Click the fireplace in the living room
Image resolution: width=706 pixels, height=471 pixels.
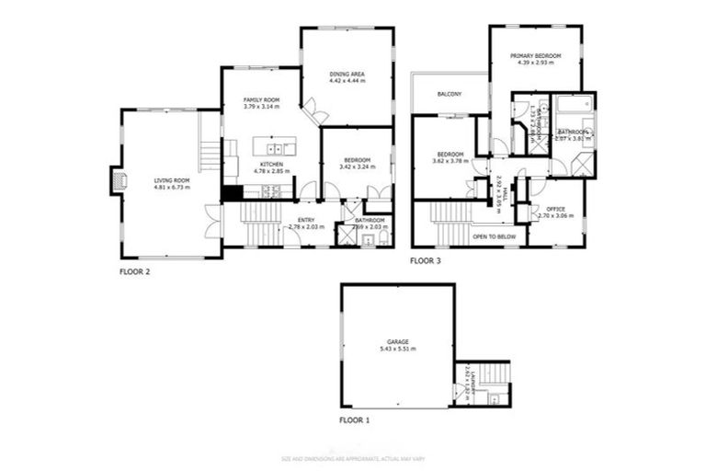tap(115, 181)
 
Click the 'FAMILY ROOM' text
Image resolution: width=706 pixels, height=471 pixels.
tap(261, 99)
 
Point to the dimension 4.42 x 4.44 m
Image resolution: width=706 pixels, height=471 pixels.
tap(347, 81)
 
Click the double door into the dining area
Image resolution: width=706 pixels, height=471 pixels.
tap(316, 113)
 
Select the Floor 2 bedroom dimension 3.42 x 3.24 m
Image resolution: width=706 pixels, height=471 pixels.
tap(358, 167)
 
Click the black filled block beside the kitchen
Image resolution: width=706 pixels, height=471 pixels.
tap(231, 193)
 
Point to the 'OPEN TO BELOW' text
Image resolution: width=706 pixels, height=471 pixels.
tap(494, 236)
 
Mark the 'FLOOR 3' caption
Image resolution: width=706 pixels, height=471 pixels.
tap(426, 261)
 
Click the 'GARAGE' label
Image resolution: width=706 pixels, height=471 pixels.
tap(397, 342)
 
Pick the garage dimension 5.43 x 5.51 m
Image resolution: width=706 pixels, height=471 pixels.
tap(397, 350)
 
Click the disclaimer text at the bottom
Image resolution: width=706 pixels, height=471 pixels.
tap(353, 457)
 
